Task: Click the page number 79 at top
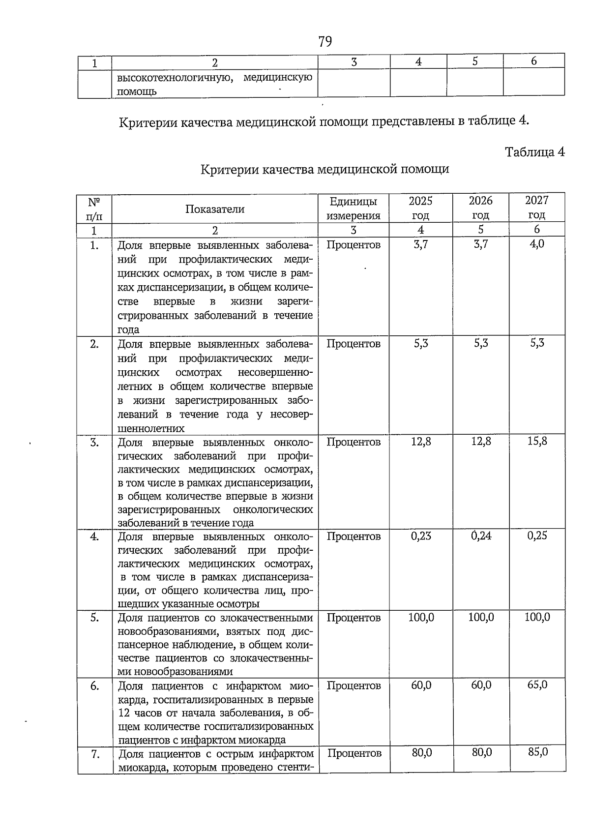[325, 41]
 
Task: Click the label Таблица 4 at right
[535, 152]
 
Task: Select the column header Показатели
[215, 209]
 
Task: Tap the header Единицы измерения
[354, 208]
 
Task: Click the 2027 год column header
[536, 208]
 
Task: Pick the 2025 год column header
[420, 208]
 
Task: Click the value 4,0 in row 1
[537, 244]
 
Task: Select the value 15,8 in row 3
[537, 441]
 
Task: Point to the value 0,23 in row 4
[421, 536]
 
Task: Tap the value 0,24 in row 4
[481, 536]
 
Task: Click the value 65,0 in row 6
[537, 685]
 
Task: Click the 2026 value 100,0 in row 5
[481, 617]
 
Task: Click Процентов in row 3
[354, 442]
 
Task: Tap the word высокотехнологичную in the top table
[175, 78]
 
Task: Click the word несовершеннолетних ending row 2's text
[151, 428]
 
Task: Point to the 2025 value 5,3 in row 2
[421, 343]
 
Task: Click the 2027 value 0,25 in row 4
[537, 536]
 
